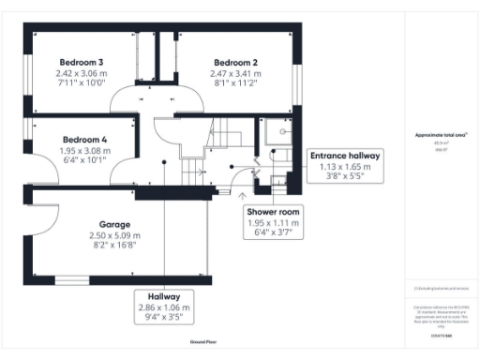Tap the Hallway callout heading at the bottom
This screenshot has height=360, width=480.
(x=163, y=295)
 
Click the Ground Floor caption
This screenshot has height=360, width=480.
(x=203, y=343)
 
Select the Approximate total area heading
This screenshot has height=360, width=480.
(x=441, y=135)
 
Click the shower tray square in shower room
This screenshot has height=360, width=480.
(x=275, y=130)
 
